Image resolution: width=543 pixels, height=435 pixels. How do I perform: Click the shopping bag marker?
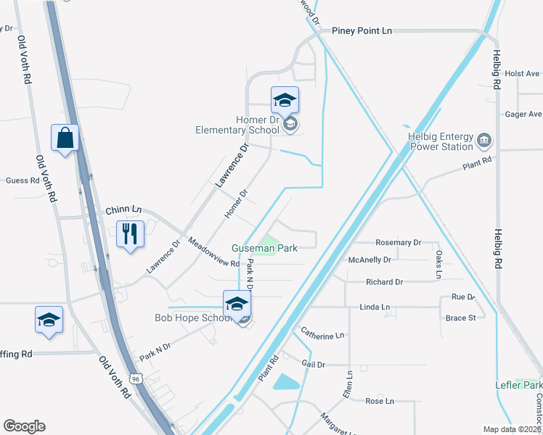click(x=65, y=138)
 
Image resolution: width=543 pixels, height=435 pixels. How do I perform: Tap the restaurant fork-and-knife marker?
click(x=130, y=234)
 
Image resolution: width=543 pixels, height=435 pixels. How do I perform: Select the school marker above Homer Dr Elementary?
click(x=285, y=100)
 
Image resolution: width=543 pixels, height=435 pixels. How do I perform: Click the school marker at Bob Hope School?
click(x=237, y=304)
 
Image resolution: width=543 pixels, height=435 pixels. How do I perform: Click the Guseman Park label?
click(x=264, y=248)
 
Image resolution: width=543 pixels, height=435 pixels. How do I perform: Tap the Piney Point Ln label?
click(x=362, y=31)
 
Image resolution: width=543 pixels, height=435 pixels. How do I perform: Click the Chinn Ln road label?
click(x=123, y=210)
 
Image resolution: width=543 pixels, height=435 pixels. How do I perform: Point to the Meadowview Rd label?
click(x=213, y=252)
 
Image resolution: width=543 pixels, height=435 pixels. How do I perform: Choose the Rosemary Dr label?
click(x=398, y=243)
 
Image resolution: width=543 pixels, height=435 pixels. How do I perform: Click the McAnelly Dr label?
click(x=370, y=259)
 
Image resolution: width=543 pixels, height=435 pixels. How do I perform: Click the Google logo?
click(x=24, y=426)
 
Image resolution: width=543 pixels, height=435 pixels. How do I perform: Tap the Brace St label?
click(x=461, y=318)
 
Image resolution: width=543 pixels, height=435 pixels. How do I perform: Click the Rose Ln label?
click(x=379, y=401)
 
